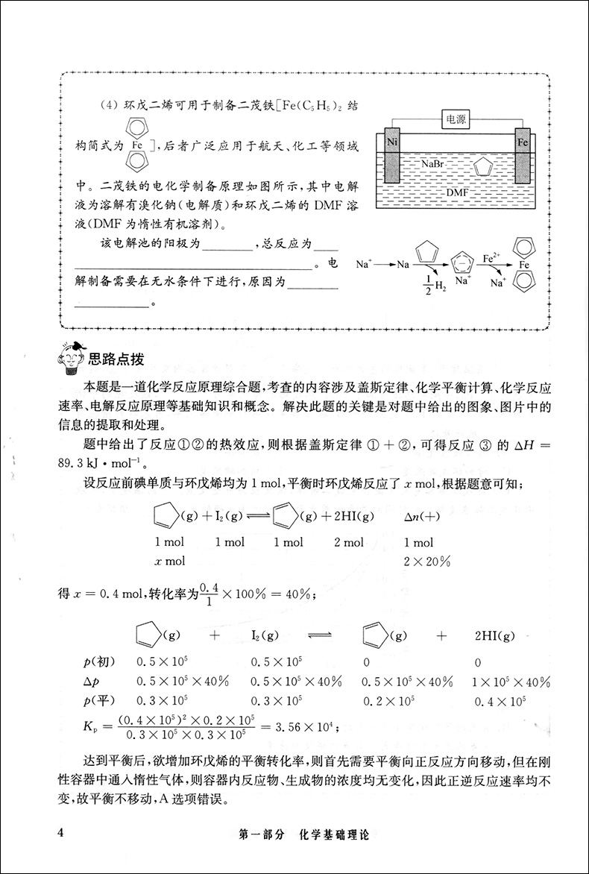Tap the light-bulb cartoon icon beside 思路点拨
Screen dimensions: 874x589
click(71, 357)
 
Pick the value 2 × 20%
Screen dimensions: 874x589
click(427, 560)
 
